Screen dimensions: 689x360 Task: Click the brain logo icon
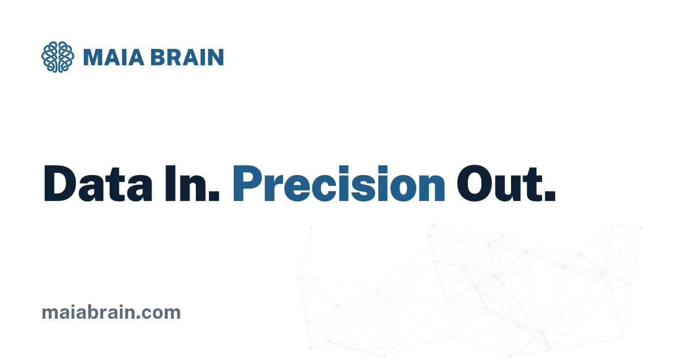[x=58, y=57]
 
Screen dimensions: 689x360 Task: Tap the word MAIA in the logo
[x=114, y=57]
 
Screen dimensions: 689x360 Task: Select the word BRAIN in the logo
[x=187, y=57]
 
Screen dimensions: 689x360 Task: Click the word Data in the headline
[x=98, y=183]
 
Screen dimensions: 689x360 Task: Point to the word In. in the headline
[x=192, y=183]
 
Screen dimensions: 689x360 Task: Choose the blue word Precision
[x=339, y=183]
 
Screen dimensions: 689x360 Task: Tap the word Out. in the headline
[x=506, y=183]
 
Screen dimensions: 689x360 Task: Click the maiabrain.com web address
[x=111, y=312]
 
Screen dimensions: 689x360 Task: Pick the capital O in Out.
[x=475, y=183]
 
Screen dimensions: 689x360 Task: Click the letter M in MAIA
[x=92, y=57]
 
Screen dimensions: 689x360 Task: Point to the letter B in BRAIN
[x=157, y=57]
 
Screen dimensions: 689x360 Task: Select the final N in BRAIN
[x=216, y=57]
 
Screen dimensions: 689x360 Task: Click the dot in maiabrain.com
[x=137, y=318]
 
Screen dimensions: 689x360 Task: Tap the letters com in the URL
[x=161, y=314]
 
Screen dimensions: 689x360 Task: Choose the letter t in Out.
[x=533, y=185]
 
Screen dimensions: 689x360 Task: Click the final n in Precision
[x=431, y=188]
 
